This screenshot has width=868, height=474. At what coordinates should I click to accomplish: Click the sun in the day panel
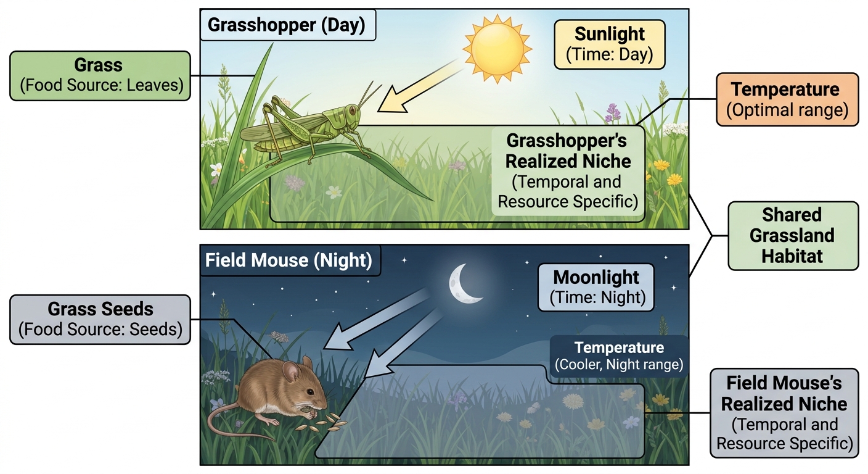(497, 49)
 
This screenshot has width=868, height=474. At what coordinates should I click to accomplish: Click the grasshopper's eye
(352, 110)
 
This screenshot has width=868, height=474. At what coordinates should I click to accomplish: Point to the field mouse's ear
(290, 371)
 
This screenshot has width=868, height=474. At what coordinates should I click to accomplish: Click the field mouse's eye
(310, 392)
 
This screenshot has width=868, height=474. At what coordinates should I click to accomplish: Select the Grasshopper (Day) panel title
(287, 25)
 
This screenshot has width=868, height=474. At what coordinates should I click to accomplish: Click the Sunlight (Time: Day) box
(610, 44)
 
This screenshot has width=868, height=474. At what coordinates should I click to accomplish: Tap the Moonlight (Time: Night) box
(596, 288)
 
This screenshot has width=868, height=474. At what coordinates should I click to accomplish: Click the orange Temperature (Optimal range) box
(787, 99)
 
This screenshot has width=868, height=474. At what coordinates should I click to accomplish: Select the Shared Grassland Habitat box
(793, 235)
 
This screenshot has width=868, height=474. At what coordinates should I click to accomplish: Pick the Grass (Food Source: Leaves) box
(100, 76)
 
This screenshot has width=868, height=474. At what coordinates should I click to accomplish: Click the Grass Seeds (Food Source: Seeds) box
(100, 319)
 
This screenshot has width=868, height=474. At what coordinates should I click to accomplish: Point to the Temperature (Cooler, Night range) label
(619, 355)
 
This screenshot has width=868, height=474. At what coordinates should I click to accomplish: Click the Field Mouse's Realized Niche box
(784, 413)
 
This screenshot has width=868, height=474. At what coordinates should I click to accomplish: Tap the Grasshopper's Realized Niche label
(568, 171)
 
